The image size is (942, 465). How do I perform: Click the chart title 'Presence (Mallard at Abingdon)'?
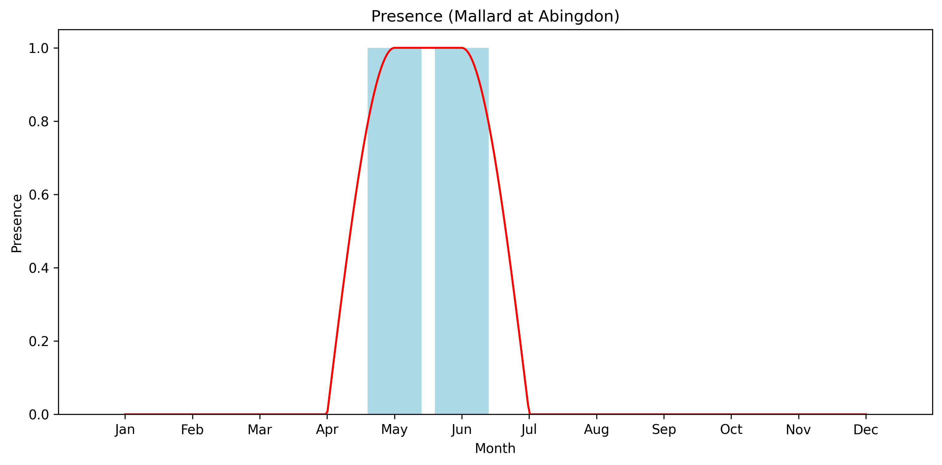[495, 16]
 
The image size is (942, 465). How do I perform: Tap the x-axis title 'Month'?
[495, 448]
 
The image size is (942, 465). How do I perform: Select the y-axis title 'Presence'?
[17, 223]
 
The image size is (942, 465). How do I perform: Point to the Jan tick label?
[125, 429]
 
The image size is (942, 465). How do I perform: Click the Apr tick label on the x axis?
[327, 429]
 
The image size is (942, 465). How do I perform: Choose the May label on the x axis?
[394, 429]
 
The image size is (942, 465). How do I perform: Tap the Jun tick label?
[461, 429]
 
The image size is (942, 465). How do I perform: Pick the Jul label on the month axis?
[529, 429]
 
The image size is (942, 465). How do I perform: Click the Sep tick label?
[664, 429]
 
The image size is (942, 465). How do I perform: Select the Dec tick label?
[866, 429]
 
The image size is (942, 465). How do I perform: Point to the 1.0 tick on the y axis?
[38, 48]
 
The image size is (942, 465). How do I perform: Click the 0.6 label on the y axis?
[38, 195]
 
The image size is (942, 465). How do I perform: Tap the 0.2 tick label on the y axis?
[38, 341]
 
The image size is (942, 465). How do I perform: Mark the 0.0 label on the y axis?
[38, 415]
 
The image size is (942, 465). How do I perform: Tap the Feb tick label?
[192, 429]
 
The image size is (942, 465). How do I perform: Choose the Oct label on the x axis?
[731, 429]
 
